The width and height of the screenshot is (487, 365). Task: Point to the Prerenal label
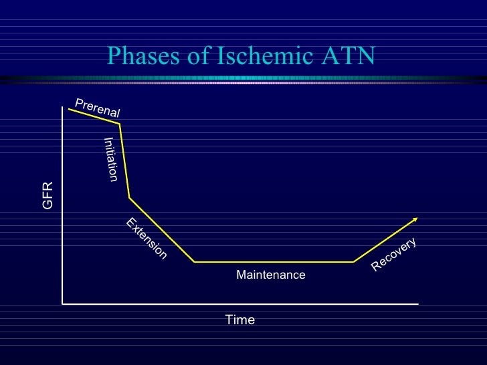point(98,108)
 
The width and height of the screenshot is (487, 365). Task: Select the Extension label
point(147,239)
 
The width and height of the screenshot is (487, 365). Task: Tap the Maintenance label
point(270,275)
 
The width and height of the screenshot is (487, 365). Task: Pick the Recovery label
point(394,255)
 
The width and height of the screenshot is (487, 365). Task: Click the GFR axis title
point(47,195)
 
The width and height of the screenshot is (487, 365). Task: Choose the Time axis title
point(239,320)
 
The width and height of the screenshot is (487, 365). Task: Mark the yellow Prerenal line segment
point(94,116)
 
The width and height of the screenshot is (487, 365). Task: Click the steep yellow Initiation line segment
point(124,160)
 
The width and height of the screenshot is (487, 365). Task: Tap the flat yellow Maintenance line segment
point(274,262)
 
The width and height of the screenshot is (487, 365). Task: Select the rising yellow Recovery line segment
point(385,241)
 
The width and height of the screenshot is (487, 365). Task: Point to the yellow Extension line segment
point(161,229)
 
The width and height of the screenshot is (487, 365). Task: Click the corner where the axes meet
point(63,303)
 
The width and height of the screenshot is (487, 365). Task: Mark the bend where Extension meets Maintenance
point(194,262)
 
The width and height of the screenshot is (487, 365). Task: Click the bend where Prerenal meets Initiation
point(120,124)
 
